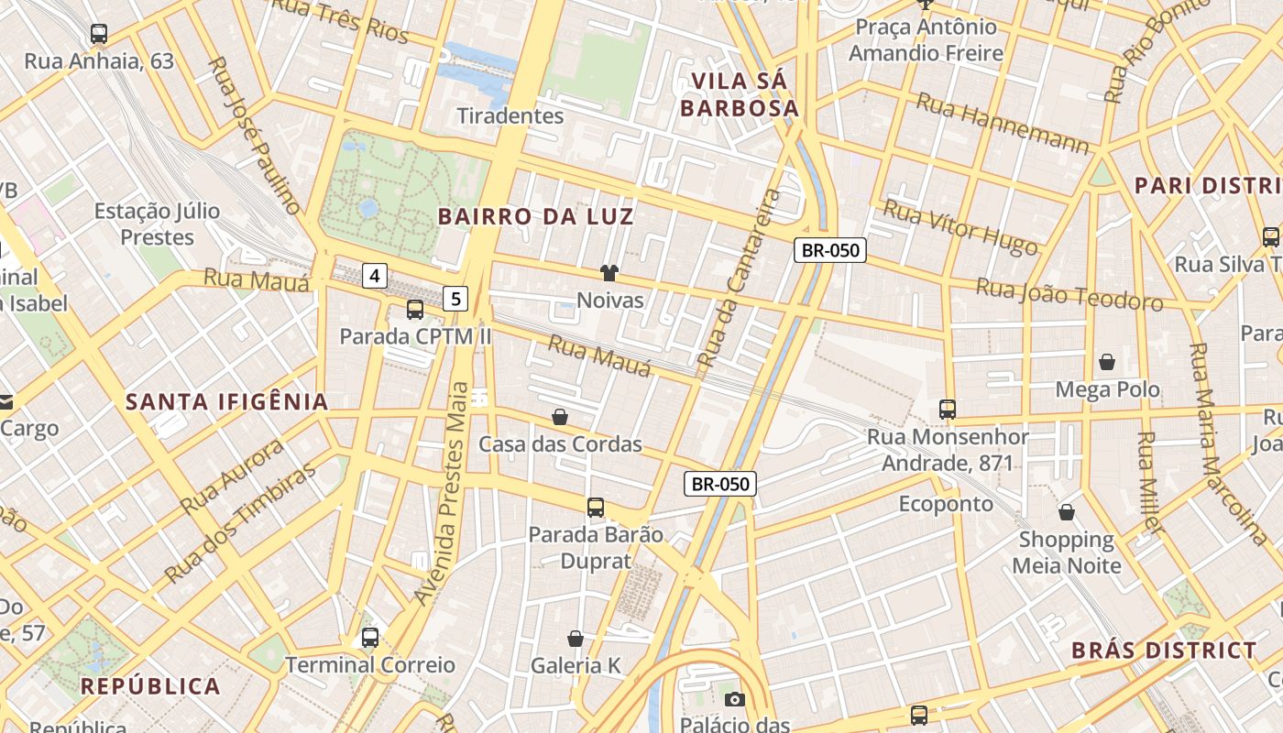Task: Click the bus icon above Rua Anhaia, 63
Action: point(99,34)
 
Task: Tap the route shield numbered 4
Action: point(375,275)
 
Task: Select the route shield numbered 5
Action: point(456,298)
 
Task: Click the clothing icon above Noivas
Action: point(609,272)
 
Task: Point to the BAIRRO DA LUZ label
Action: point(536,217)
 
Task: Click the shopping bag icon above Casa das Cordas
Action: point(560,417)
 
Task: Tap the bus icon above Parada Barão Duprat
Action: point(596,507)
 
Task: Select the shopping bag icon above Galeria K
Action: point(576,639)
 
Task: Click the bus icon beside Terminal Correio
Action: point(370,638)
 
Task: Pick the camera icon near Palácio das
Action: point(734,700)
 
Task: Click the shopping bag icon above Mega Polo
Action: point(1107,362)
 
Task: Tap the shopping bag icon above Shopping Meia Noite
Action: point(1067,511)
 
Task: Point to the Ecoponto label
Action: point(946,504)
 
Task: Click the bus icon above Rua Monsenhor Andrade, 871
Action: point(948,410)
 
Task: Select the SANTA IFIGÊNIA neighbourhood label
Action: point(227,401)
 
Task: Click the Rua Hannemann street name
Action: point(1003,122)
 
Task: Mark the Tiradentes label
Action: point(510,115)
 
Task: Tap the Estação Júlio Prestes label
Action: point(158,224)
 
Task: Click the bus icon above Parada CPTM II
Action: point(415,310)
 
